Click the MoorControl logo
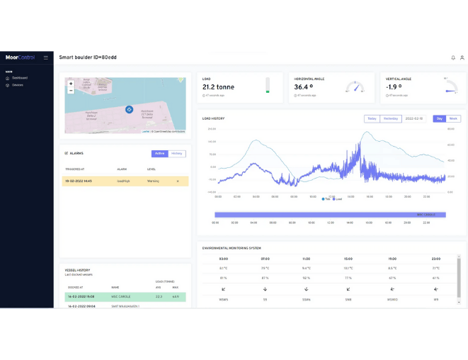[x=19, y=57]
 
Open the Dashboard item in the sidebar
[x=19, y=78]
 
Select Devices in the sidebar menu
[x=18, y=85]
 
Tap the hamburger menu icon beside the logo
[x=46, y=57]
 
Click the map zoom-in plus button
[x=71, y=84]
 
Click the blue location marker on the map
[x=129, y=109]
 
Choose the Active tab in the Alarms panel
[x=160, y=153]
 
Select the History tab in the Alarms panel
[x=177, y=153]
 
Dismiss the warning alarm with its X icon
[x=178, y=181]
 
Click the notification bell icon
[x=453, y=57]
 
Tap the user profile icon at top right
[x=462, y=57]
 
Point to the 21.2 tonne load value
[x=218, y=87]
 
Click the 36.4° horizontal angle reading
[x=309, y=87]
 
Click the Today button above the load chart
[x=372, y=118]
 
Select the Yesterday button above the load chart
[x=390, y=118]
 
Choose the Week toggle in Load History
[x=454, y=118]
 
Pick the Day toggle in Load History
[x=440, y=118]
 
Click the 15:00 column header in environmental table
[x=348, y=259]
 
